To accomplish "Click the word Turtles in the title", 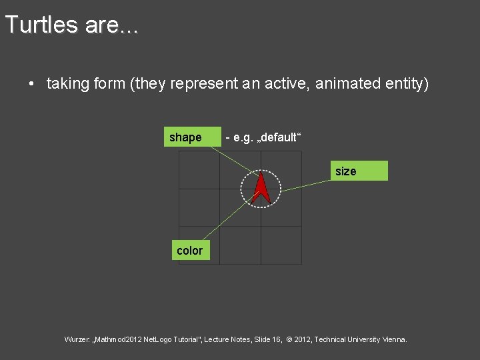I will coord(41,25).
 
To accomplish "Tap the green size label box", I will coord(360,171).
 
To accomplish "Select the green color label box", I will coord(190,250).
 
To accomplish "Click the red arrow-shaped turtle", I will coord(261,188).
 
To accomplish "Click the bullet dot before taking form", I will coord(31,84).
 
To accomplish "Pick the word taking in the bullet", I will coord(67,84).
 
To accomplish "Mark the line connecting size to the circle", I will coord(307,185).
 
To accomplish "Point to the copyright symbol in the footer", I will coord(289,339).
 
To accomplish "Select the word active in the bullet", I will coord(289,84).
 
